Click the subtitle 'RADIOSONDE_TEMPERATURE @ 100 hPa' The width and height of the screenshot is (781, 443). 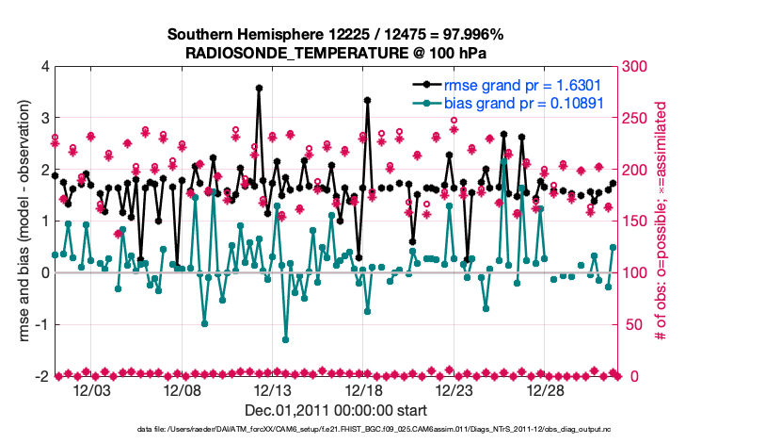335,53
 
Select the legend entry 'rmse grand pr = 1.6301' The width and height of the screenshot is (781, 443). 523,85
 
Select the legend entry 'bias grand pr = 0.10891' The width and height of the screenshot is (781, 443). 527,103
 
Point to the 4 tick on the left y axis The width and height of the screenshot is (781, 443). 43,67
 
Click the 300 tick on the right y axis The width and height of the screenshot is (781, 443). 637,67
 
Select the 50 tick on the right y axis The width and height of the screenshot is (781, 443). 633,324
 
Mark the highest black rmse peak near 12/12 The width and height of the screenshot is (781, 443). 259,88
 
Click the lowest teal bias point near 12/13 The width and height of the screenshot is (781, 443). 285,339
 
